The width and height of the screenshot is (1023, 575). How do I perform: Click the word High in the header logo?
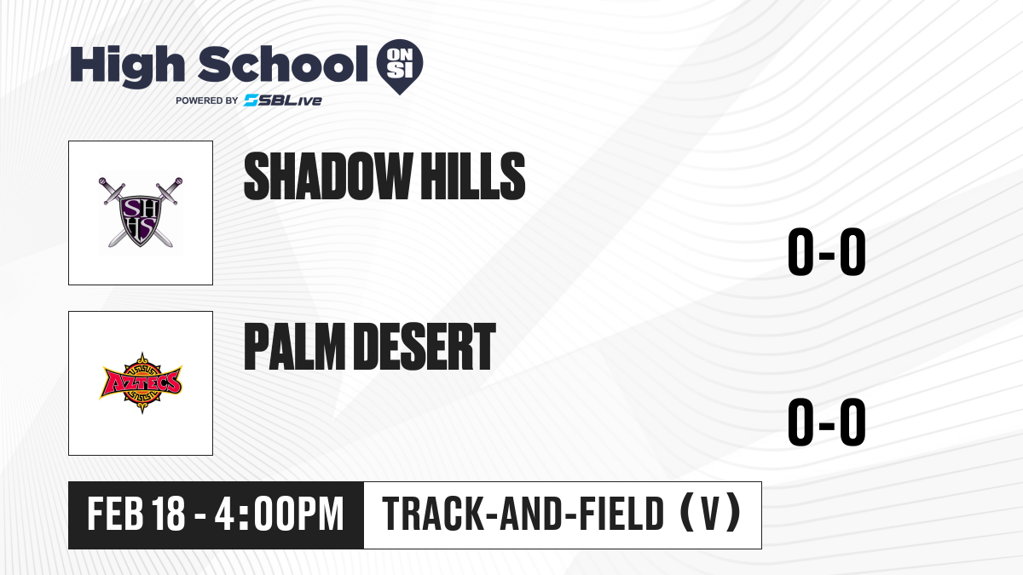point(127,66)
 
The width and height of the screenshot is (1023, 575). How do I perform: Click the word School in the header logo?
point(283,64)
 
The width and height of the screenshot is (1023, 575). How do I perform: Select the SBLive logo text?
point(283,101)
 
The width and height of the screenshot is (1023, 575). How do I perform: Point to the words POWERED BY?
point(207,101)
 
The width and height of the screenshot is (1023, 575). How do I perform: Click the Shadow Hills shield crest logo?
point(141,212)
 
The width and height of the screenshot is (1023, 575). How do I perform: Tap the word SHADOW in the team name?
point(327,176)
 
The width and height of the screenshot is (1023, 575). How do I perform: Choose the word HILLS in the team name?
point(472,176)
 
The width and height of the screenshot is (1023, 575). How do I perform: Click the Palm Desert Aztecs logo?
point(141,383)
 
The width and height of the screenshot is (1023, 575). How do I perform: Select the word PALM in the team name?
point(295,347)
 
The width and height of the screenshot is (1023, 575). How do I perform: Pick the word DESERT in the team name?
point(425,347)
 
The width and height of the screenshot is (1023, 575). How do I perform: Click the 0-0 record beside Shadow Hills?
point(827,251)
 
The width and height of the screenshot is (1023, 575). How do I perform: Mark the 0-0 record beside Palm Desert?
point(827,422)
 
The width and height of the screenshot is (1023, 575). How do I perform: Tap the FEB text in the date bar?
point(116,514)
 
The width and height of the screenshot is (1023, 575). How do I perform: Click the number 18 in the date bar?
point(169,514)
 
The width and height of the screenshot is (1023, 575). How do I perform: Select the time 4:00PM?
point(279,514)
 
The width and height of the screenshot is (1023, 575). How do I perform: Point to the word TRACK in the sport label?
point(432,514)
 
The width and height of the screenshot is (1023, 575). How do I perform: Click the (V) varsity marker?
point(710,513)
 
